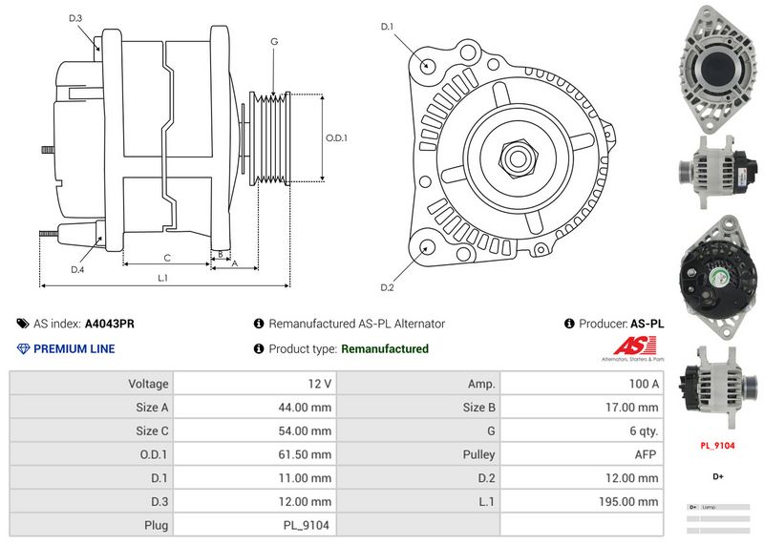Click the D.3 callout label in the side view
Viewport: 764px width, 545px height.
pyautogui.click(x=75, y=19)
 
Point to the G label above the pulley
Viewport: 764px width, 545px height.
pyautogui.click(x=274, y=42)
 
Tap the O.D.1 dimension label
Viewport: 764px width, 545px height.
pyautogui.click(x=336, y=138)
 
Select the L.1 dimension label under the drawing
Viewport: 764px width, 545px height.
pyautogui.click(x=163, y=278)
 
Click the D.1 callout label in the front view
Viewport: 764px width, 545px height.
pyautogui.click(x=388, y=26)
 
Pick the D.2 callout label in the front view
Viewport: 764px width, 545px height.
pyautogui.click(x=388, y=287)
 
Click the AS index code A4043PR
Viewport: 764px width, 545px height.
pyautogui.click(x=110, y=324)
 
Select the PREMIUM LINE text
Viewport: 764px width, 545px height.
pyautogui.click(x=74, y=348)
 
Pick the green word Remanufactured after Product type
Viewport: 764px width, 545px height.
pyautogui.click(x=385, y=348)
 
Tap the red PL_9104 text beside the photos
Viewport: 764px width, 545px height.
pyautogui.click(x=717, y=445)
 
